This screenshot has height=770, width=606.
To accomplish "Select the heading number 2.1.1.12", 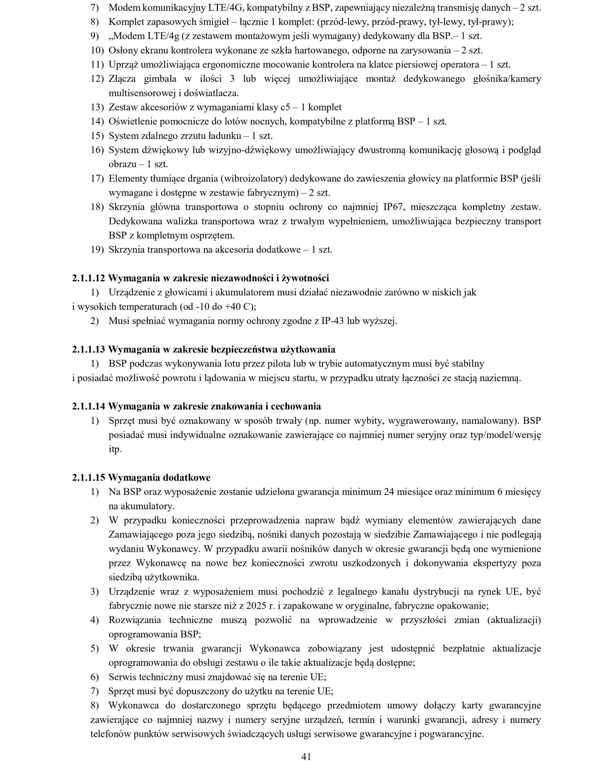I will pos(89,279).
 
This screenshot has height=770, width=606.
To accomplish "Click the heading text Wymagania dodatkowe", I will pos(159,477).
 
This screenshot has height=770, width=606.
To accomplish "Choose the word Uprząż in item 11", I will pos(123,65).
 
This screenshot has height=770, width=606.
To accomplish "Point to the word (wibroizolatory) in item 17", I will pos(253,179).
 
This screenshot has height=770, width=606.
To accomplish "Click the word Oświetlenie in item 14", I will pos(133,122).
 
